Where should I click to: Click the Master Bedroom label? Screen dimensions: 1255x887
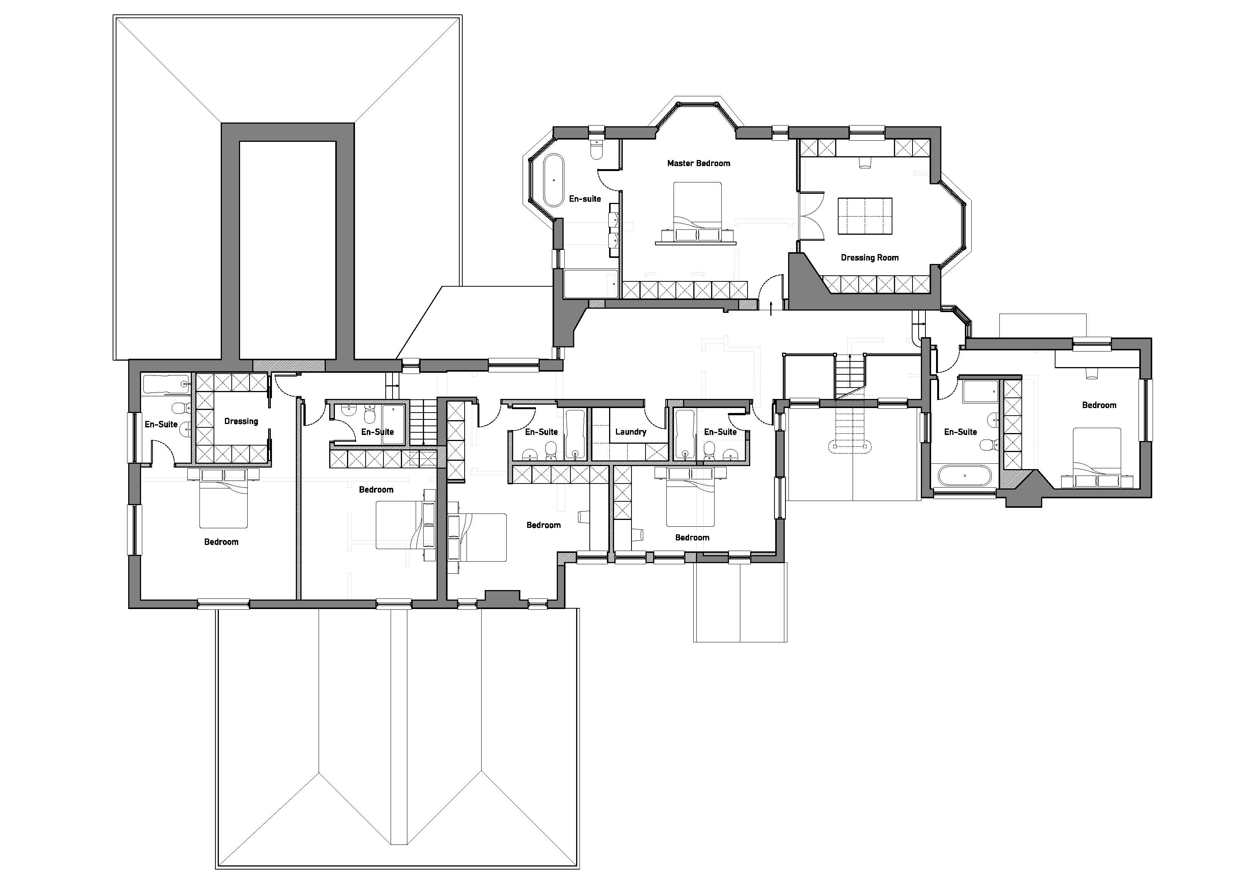click(x=699, y=163)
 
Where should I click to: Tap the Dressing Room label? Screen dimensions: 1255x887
click(x=870, y=258)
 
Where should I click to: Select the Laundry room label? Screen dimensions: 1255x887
click(x=631, y=432)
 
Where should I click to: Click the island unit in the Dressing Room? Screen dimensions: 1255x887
click(x=865, y=216)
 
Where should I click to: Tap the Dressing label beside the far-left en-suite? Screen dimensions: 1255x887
click(x=241, y=421)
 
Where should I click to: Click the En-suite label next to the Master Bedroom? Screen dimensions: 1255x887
click(x=585, y=199)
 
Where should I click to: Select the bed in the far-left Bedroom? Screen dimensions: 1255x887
click(x=223, y=498)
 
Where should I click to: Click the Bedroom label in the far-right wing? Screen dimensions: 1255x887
click(x=1099, y=405)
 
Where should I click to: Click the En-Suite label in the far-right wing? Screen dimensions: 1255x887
click(x=960, y=432)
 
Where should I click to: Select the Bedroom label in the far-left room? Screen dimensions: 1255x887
click(x=221, y=542)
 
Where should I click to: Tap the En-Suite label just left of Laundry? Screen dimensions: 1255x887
click(x=541, y=432)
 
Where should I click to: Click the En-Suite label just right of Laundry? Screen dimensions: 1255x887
click(x=721, y=432)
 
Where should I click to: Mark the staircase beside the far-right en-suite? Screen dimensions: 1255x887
click(x=850, y=377)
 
